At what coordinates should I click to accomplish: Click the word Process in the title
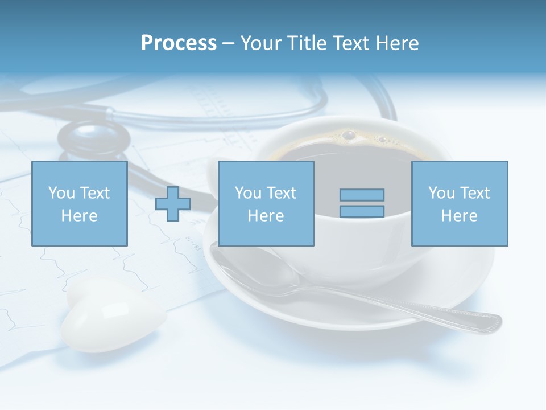point(179,43)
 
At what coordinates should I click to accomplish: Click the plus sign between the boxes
point(173,204)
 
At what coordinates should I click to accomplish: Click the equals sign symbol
point(362,203)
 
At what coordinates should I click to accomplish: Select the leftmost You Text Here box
point(80,204)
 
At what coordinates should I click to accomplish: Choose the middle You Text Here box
point(266,204)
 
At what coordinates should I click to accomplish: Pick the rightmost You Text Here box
point(460,204)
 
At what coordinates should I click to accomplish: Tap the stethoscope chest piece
point(94,140)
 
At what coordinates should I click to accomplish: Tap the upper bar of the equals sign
point(362,195)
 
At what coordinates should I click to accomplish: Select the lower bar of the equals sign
point(362,211)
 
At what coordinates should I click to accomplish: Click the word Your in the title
point(261,43)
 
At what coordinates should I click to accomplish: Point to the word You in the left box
point(61,193)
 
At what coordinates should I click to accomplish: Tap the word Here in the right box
point(460,216)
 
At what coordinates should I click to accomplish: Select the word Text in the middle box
point(281,193)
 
